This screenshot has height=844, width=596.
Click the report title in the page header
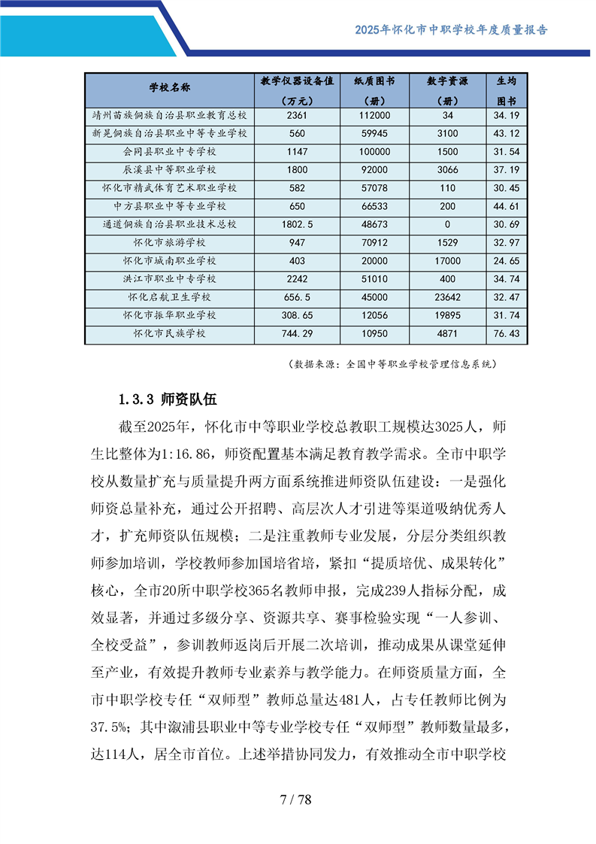point(451,30)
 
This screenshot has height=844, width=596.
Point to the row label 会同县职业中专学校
point(169,152)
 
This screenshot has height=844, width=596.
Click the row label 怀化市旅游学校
point(169,242)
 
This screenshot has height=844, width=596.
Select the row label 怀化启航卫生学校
point(169,297)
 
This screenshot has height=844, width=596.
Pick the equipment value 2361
point(298,116)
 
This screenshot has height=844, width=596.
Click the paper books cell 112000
point(374,116)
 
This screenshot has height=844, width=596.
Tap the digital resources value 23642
point(448,297)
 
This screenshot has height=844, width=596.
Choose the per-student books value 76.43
point(507,333)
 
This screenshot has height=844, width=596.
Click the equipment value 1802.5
point(298,224)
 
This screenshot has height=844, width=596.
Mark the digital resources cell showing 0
point(448,224)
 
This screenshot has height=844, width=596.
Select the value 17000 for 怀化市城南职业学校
point(448,261)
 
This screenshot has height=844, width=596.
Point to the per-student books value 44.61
point(507,206)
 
